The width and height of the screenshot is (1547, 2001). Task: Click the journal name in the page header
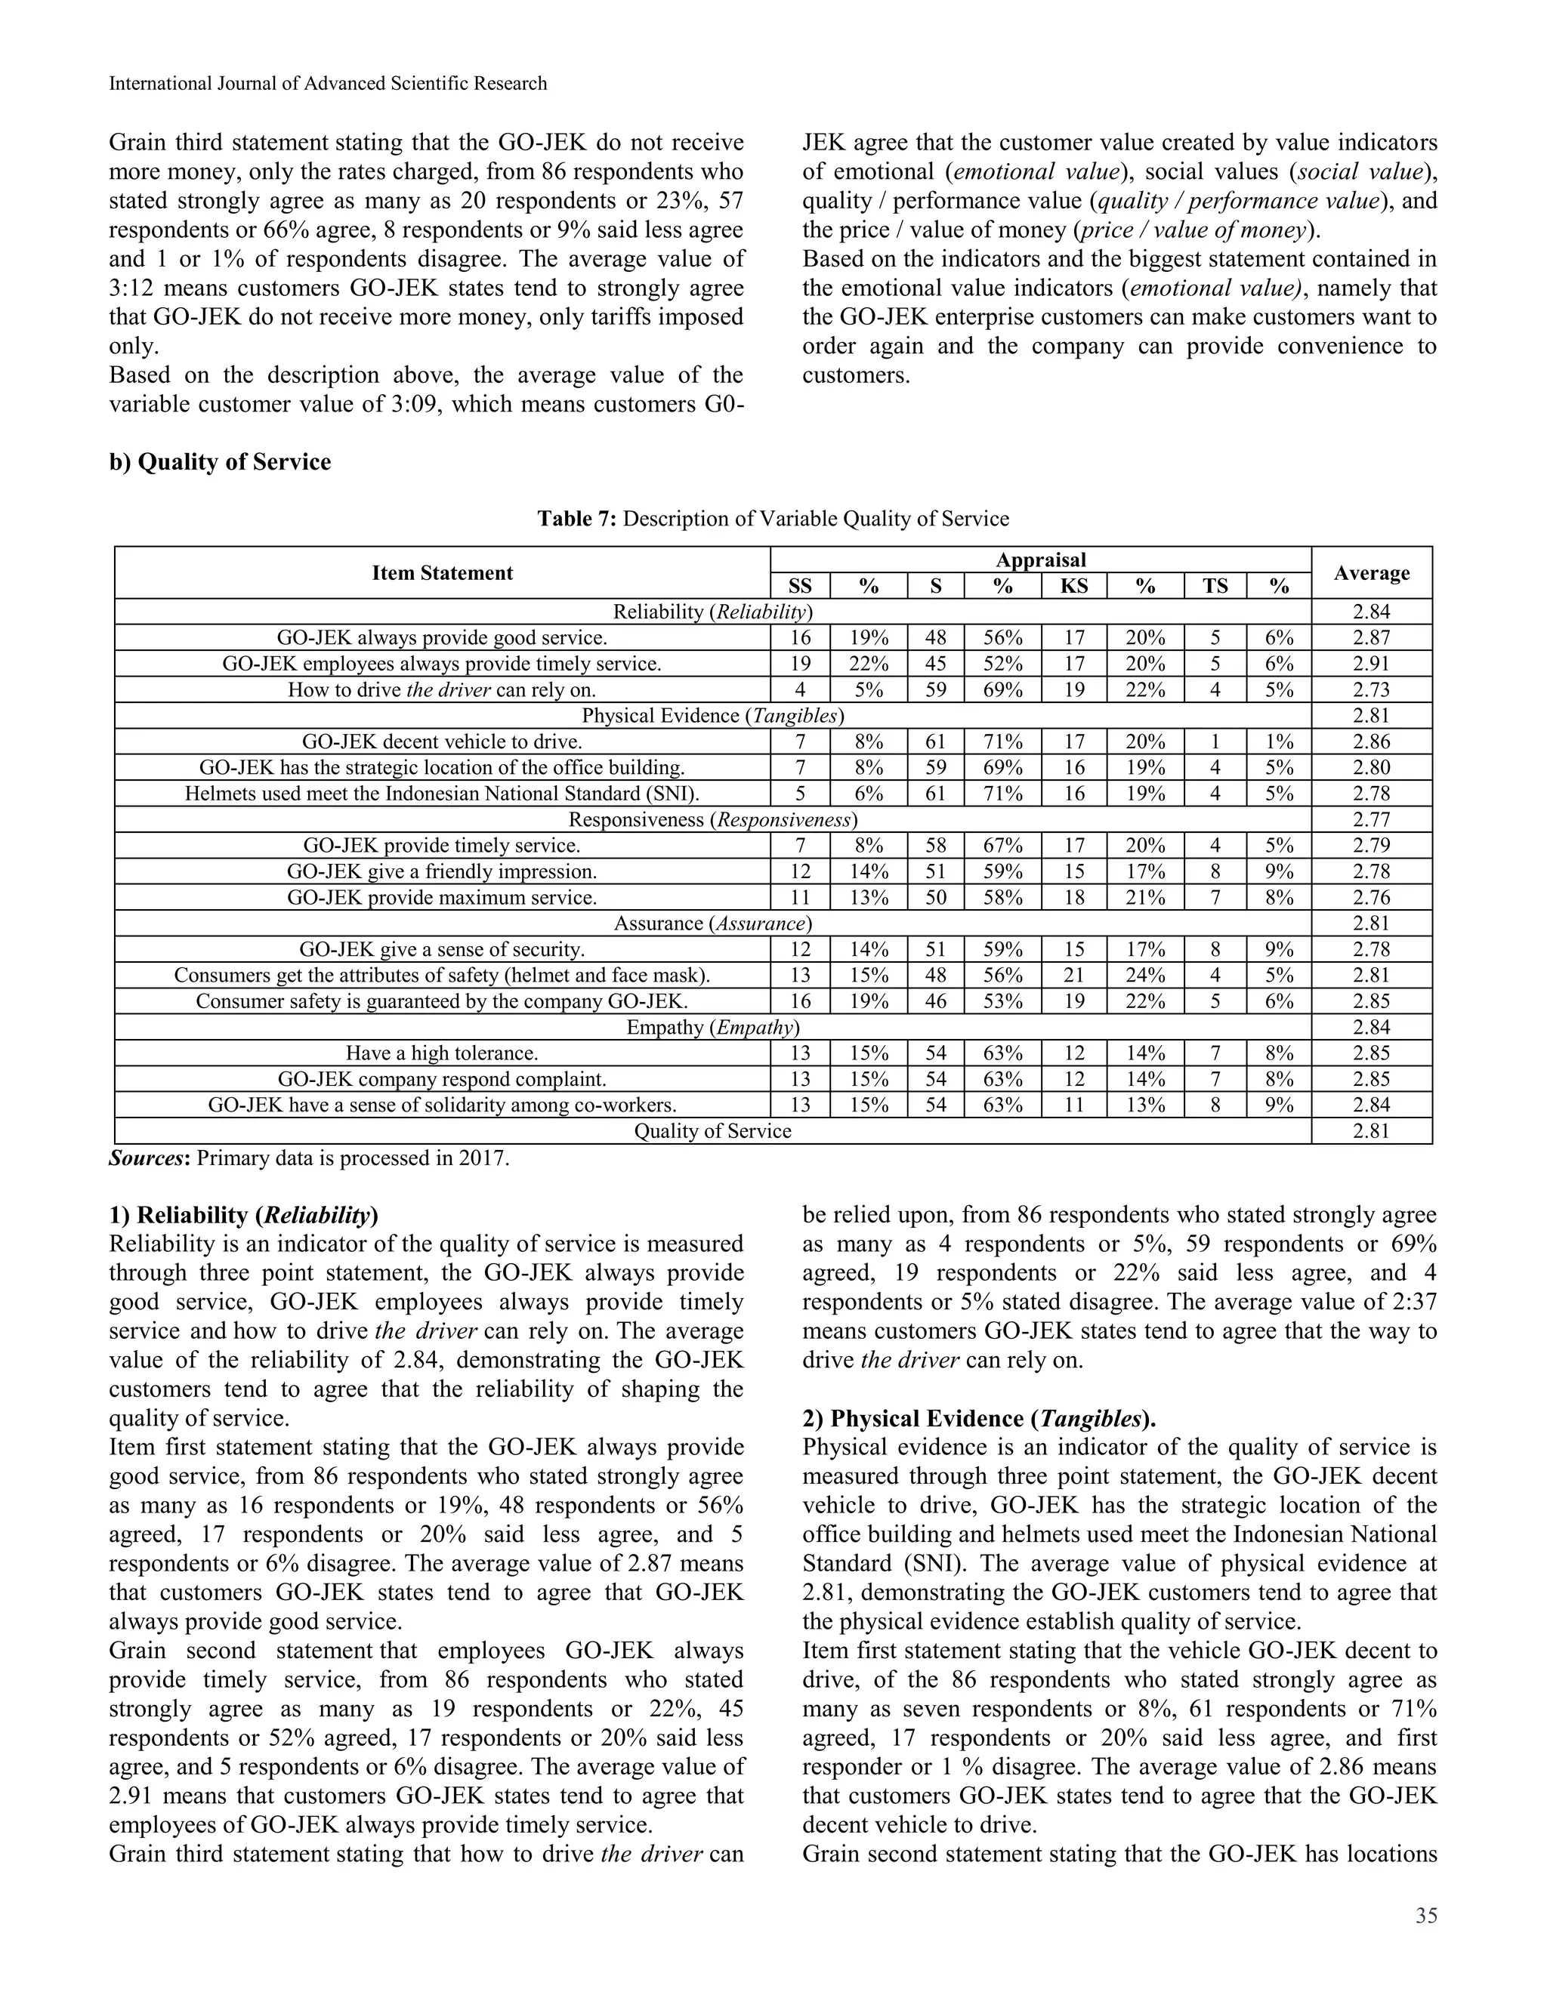point(327,83)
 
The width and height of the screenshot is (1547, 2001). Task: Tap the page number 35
point(1426,1916)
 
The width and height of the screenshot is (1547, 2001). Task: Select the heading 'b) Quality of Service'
point(220,462)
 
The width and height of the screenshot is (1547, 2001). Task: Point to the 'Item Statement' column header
point(442,572)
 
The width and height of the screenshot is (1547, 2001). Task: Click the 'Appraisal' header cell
point(1040,560)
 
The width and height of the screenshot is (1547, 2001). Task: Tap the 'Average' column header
point(1371,572)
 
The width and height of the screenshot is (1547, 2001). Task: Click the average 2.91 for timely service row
point(1371,663)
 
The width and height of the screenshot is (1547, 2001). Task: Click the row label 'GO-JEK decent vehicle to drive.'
point(442,742)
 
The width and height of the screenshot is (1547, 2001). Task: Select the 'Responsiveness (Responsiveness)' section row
point(713,819)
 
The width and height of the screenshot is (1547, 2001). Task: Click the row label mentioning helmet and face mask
point(442,975)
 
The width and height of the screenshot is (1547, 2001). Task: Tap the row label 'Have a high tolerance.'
point(442,1053)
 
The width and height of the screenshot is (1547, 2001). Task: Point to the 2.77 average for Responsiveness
point(1371,819)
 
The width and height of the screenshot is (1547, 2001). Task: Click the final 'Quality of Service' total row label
point(713,1130)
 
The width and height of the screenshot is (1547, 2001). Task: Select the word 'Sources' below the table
point(147,1158)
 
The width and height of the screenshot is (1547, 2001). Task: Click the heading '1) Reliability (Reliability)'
point(243,1215)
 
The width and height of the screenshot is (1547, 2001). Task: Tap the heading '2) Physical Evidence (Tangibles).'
point(979,1418)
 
